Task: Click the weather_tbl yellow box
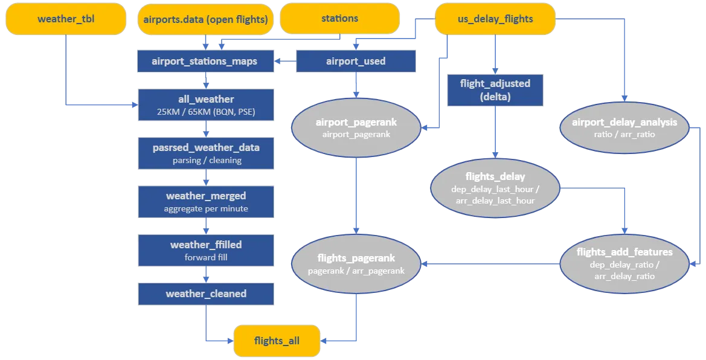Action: (66, 19)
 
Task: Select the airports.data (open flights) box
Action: (205, 19)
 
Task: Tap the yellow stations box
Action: (339, 19)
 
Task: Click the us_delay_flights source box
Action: (495, 19)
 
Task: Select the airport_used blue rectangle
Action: (356, 61)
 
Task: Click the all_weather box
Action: (206, 104)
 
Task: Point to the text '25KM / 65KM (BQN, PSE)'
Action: (206, 111)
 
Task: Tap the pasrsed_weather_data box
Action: (206, 153)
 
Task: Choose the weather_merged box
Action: (206, 202)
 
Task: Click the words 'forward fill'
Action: (206, 257)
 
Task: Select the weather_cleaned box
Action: (206, 294)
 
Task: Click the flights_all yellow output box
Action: (277, 341)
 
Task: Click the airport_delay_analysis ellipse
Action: (624, 127)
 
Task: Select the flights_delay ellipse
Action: (495, 188)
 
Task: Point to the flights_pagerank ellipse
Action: (356, 263)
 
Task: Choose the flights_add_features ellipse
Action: (624, 263)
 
